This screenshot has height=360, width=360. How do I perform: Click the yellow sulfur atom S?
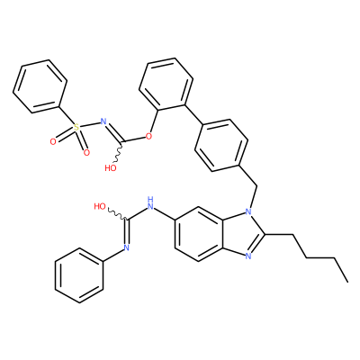point(76,127)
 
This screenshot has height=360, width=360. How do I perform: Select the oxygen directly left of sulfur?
point(53,141)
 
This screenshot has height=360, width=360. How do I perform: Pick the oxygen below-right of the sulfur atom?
point(86,153)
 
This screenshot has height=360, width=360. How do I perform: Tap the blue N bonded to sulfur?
point(103,121)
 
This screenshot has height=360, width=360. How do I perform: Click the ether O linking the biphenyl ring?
point(148,137)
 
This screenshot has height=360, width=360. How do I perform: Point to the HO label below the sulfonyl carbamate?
point(111,167)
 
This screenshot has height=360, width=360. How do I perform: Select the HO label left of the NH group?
point(100,206)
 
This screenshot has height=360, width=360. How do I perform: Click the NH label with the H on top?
point(150,202)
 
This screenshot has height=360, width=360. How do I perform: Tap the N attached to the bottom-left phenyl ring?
point(126,247)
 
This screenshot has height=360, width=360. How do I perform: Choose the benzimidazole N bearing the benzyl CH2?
point(248,211)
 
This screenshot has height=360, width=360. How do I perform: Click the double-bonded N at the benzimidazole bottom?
point(248,256)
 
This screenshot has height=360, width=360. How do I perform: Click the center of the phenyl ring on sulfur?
point(40,87)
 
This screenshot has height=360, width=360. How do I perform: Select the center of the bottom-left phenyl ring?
point(79,275)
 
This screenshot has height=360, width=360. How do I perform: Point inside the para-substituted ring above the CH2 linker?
point(221,145)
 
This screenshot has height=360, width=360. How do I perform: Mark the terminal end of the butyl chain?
point(347,282)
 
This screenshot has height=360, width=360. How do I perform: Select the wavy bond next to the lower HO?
point(117,214)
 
